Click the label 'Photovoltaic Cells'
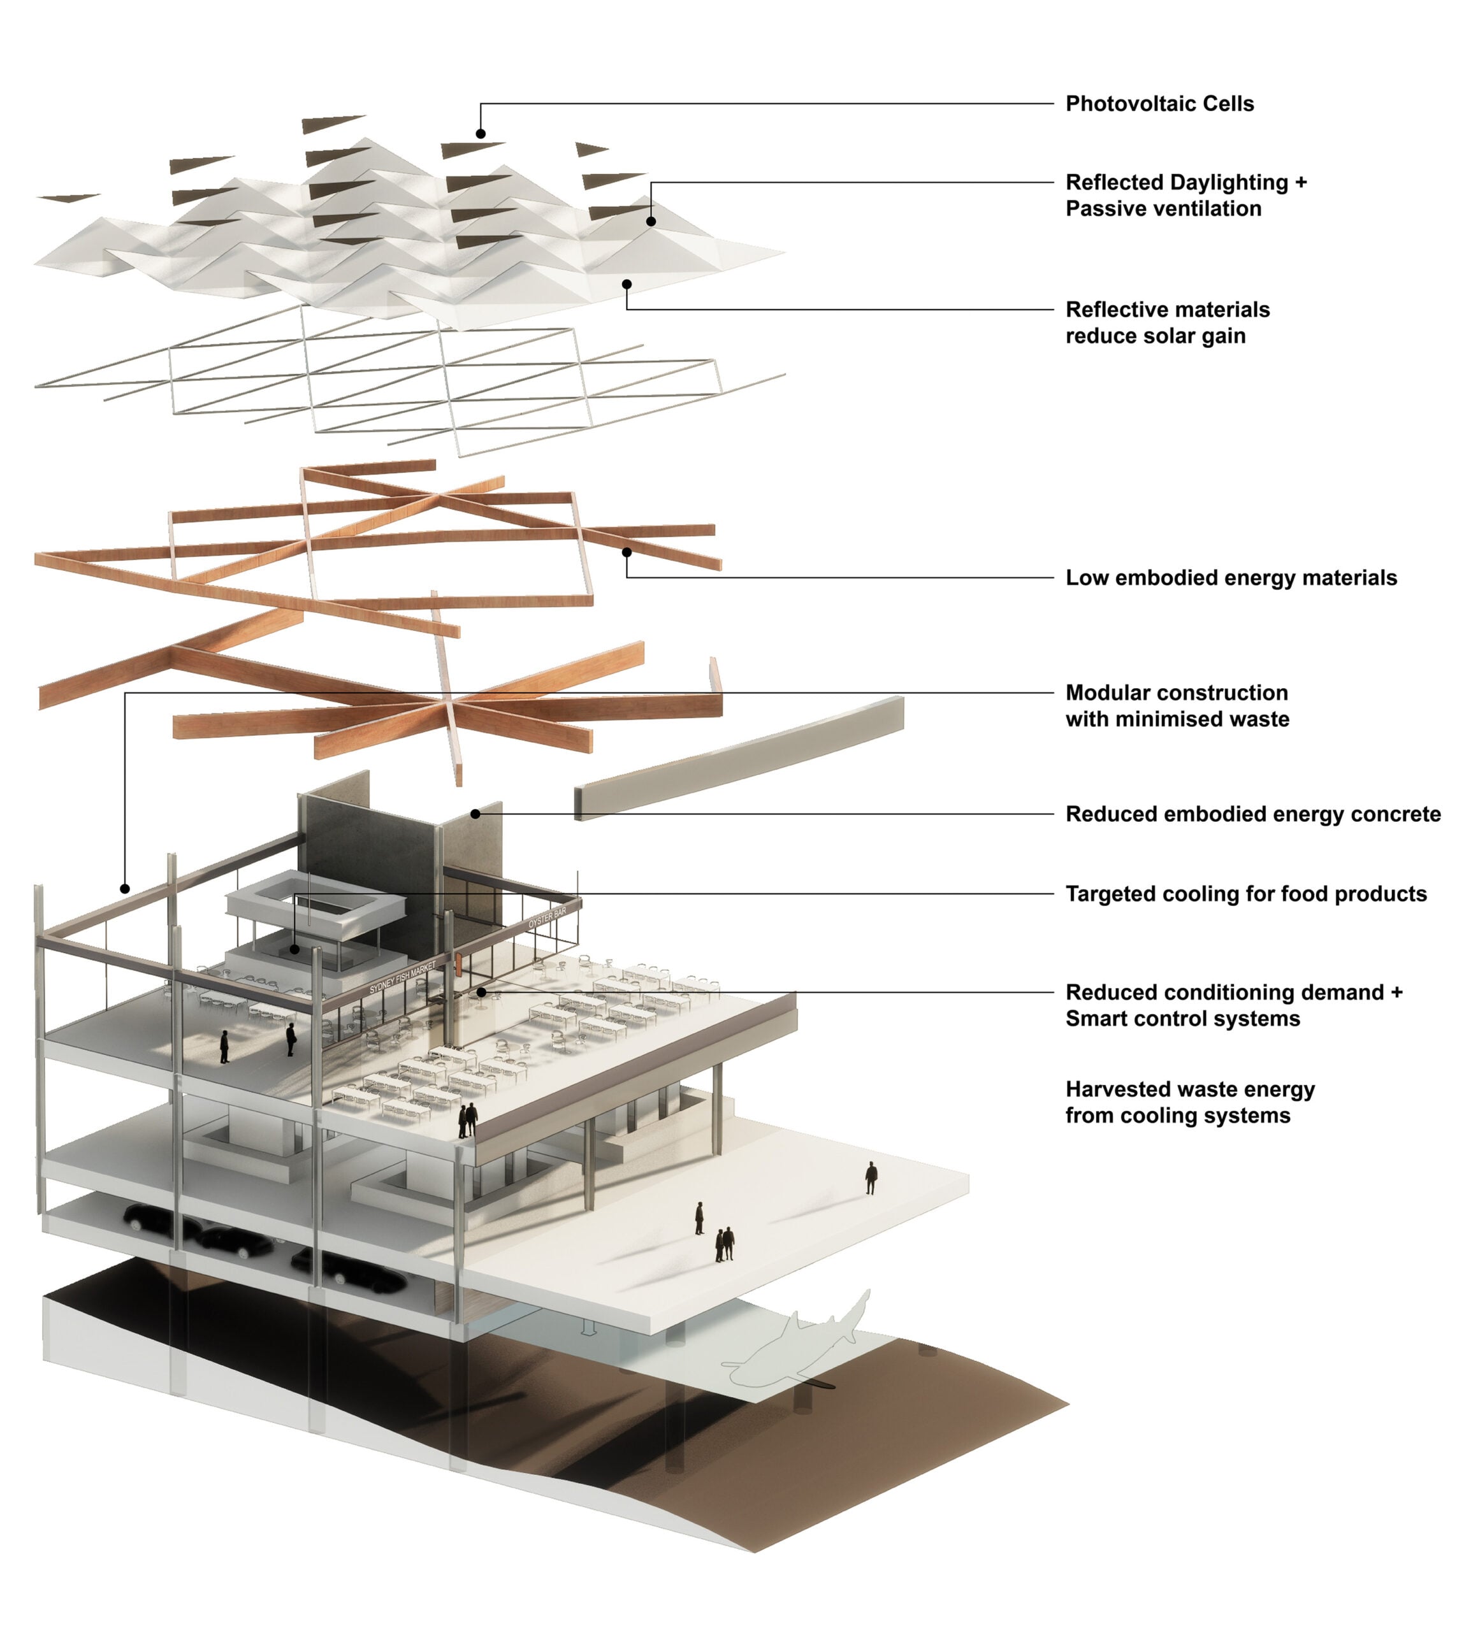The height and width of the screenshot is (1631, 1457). (x=1159, y=104)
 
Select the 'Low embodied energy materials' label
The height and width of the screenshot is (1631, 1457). (x=1231, y=578)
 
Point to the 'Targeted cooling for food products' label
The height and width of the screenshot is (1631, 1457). (x=1245, y=894)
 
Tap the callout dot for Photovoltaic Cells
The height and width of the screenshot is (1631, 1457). (x=481, y=134)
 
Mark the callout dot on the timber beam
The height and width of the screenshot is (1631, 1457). (x=627, y=552)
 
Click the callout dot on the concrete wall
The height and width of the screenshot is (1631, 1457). (x=475, y=814)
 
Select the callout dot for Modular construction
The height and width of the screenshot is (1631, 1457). (x=125, y=888)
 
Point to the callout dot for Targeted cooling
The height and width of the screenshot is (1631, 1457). (x=294, y=949)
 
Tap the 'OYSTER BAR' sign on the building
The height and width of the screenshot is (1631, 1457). (x=547, y=918)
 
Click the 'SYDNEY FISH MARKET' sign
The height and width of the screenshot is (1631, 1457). (x=402, y=977)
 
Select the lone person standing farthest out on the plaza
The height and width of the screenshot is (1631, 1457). (x=871, y=1177)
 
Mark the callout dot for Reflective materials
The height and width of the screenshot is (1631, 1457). (x=627, y=284)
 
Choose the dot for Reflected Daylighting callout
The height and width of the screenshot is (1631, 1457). (x=651, y=222)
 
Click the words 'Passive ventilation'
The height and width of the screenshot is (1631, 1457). (x=1163, y=209)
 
